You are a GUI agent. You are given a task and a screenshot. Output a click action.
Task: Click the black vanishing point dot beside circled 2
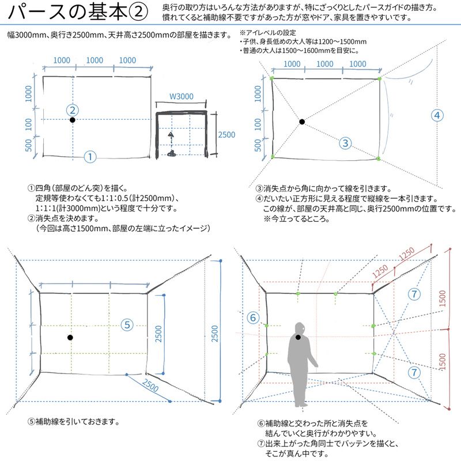coord(73,120)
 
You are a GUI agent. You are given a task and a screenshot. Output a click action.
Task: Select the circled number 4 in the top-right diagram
coord(437,115)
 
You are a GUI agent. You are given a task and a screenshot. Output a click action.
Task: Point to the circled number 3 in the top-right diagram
coord(345,143)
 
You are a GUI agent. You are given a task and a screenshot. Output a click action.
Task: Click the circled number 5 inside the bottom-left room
coord(128,324)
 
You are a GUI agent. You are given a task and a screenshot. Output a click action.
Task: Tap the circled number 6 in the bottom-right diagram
coord(252,317)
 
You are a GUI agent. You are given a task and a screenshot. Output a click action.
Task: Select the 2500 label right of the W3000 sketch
coord(226,134)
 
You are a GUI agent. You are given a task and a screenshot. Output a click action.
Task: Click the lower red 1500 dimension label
coord(442,362)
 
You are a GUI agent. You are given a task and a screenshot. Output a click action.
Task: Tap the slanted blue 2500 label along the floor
coord(150,388)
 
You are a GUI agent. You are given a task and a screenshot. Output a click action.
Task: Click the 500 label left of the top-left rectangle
coord(29,144)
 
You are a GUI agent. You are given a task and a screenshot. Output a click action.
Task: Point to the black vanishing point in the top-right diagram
coord(302,122)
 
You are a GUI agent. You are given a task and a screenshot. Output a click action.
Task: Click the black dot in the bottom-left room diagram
coord(70,337)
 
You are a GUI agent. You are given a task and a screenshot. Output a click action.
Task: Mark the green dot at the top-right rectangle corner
coord(380,78)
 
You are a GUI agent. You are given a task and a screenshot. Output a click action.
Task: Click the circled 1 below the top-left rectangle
coord(90,156)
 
